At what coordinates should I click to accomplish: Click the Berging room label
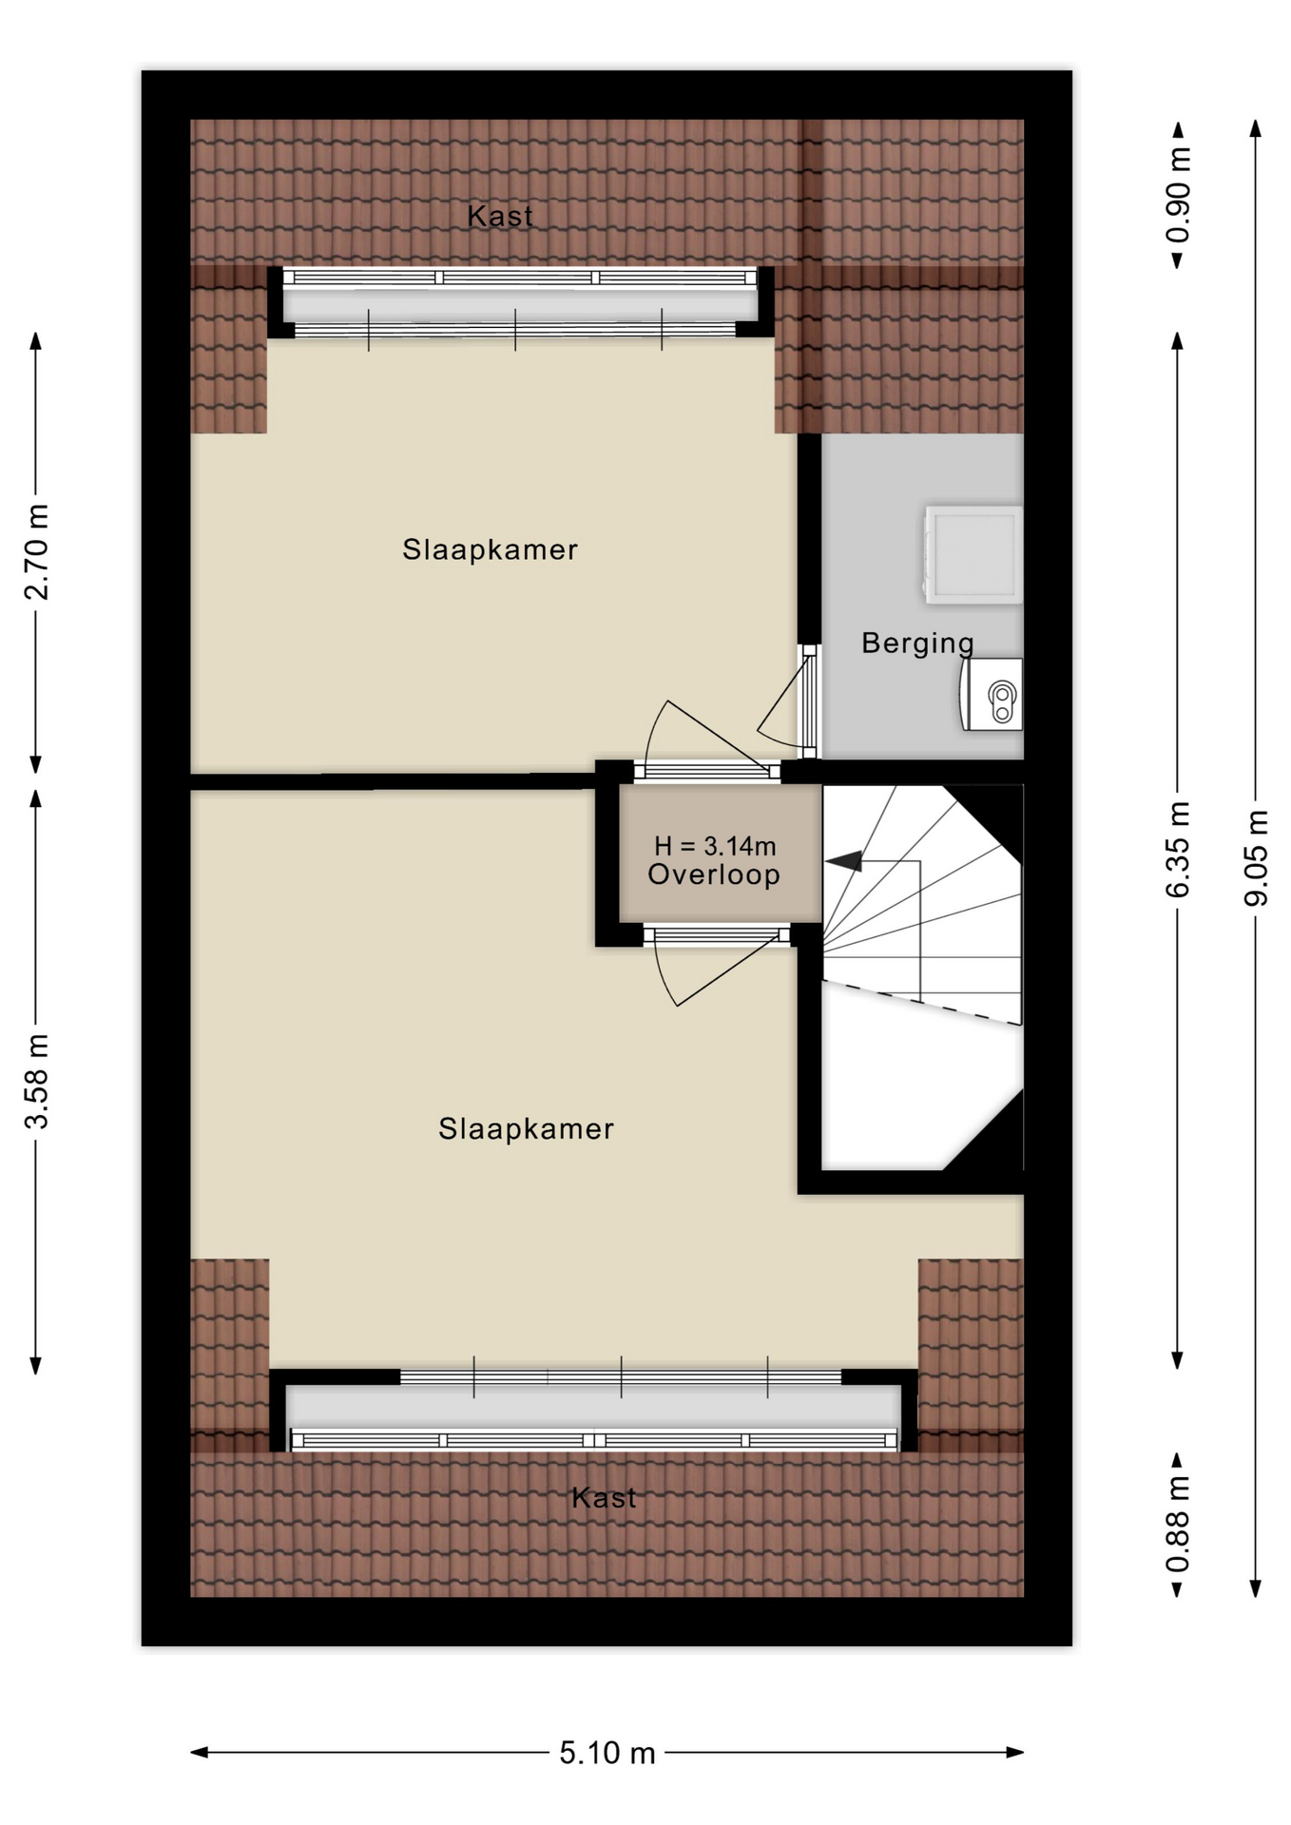(917, 644)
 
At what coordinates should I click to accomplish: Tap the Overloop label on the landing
(714, 874)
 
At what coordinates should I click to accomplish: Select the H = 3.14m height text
(715, 845)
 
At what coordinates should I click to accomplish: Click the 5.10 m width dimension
(607, 1753)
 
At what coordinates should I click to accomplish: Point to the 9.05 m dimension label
(1257, 857)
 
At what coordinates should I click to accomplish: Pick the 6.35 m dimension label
(1178, 849)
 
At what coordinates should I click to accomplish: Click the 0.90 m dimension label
(1178, 195)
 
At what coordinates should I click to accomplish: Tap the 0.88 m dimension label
(1178, 1524)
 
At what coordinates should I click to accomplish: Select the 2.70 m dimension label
(36, 552)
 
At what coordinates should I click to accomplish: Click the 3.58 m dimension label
(36, 1081)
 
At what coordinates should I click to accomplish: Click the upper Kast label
(500, 216)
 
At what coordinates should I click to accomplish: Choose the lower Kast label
(604, 1498)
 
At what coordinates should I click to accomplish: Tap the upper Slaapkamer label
(490, 549)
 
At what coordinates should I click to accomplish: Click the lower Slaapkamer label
(526, 1128)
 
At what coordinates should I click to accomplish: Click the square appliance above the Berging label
(973, 555)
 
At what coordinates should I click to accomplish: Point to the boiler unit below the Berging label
(992, 695)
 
